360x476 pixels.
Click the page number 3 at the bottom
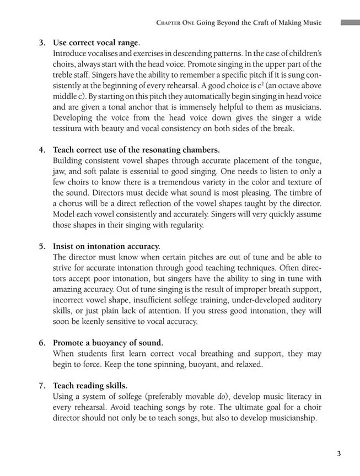(x=338, y=453)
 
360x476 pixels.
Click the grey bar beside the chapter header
(x=350, y=23)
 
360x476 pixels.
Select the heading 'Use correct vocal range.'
(x=96, y=42)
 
